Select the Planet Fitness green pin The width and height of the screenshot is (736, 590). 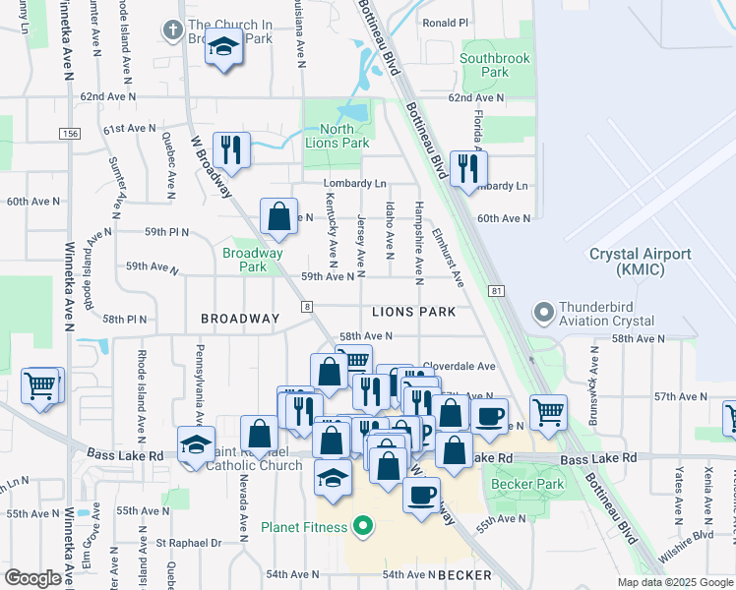(363, 526)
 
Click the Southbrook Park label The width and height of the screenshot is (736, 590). (496, 65)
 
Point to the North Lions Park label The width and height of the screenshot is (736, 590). (337, 136)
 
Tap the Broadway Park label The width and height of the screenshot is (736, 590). (253, 260)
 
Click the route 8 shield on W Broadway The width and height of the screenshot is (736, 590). (309, 307)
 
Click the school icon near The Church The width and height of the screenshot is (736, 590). (225, 47)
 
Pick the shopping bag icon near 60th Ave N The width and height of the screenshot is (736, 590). (279, 215)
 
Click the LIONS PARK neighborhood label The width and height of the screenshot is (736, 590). (413, 312)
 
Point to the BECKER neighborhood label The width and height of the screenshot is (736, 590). (464, 574)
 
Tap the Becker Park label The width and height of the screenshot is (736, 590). (536, 483)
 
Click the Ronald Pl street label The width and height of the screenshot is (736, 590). (445, 23)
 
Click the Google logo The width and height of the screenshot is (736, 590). (32, 578)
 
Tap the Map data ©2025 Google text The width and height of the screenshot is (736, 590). (674, 582)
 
